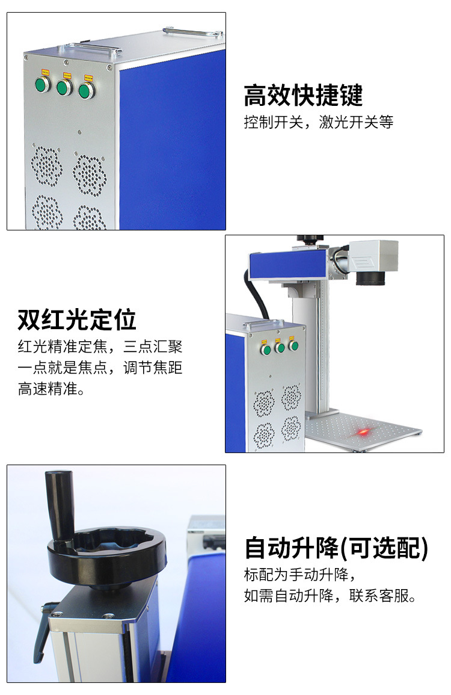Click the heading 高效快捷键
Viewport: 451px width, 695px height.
[303, 95]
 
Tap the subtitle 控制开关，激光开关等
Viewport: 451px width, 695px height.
[318, 122]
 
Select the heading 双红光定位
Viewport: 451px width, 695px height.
[76, 320]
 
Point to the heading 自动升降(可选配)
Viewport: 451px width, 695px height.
[336, 548]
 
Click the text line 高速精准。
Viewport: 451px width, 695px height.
[51, 389]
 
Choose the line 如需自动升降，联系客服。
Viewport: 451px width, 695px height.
[330, 596]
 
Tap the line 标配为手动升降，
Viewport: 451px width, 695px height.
[300, 575]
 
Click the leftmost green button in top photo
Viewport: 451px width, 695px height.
[43, 84]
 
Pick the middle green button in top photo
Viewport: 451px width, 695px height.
[64, 87]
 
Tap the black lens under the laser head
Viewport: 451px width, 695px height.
[370, 277]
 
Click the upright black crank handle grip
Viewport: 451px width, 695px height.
[60, 505]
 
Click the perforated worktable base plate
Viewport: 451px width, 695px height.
[363, 431]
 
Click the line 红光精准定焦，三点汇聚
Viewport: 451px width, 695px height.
[100, 346]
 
